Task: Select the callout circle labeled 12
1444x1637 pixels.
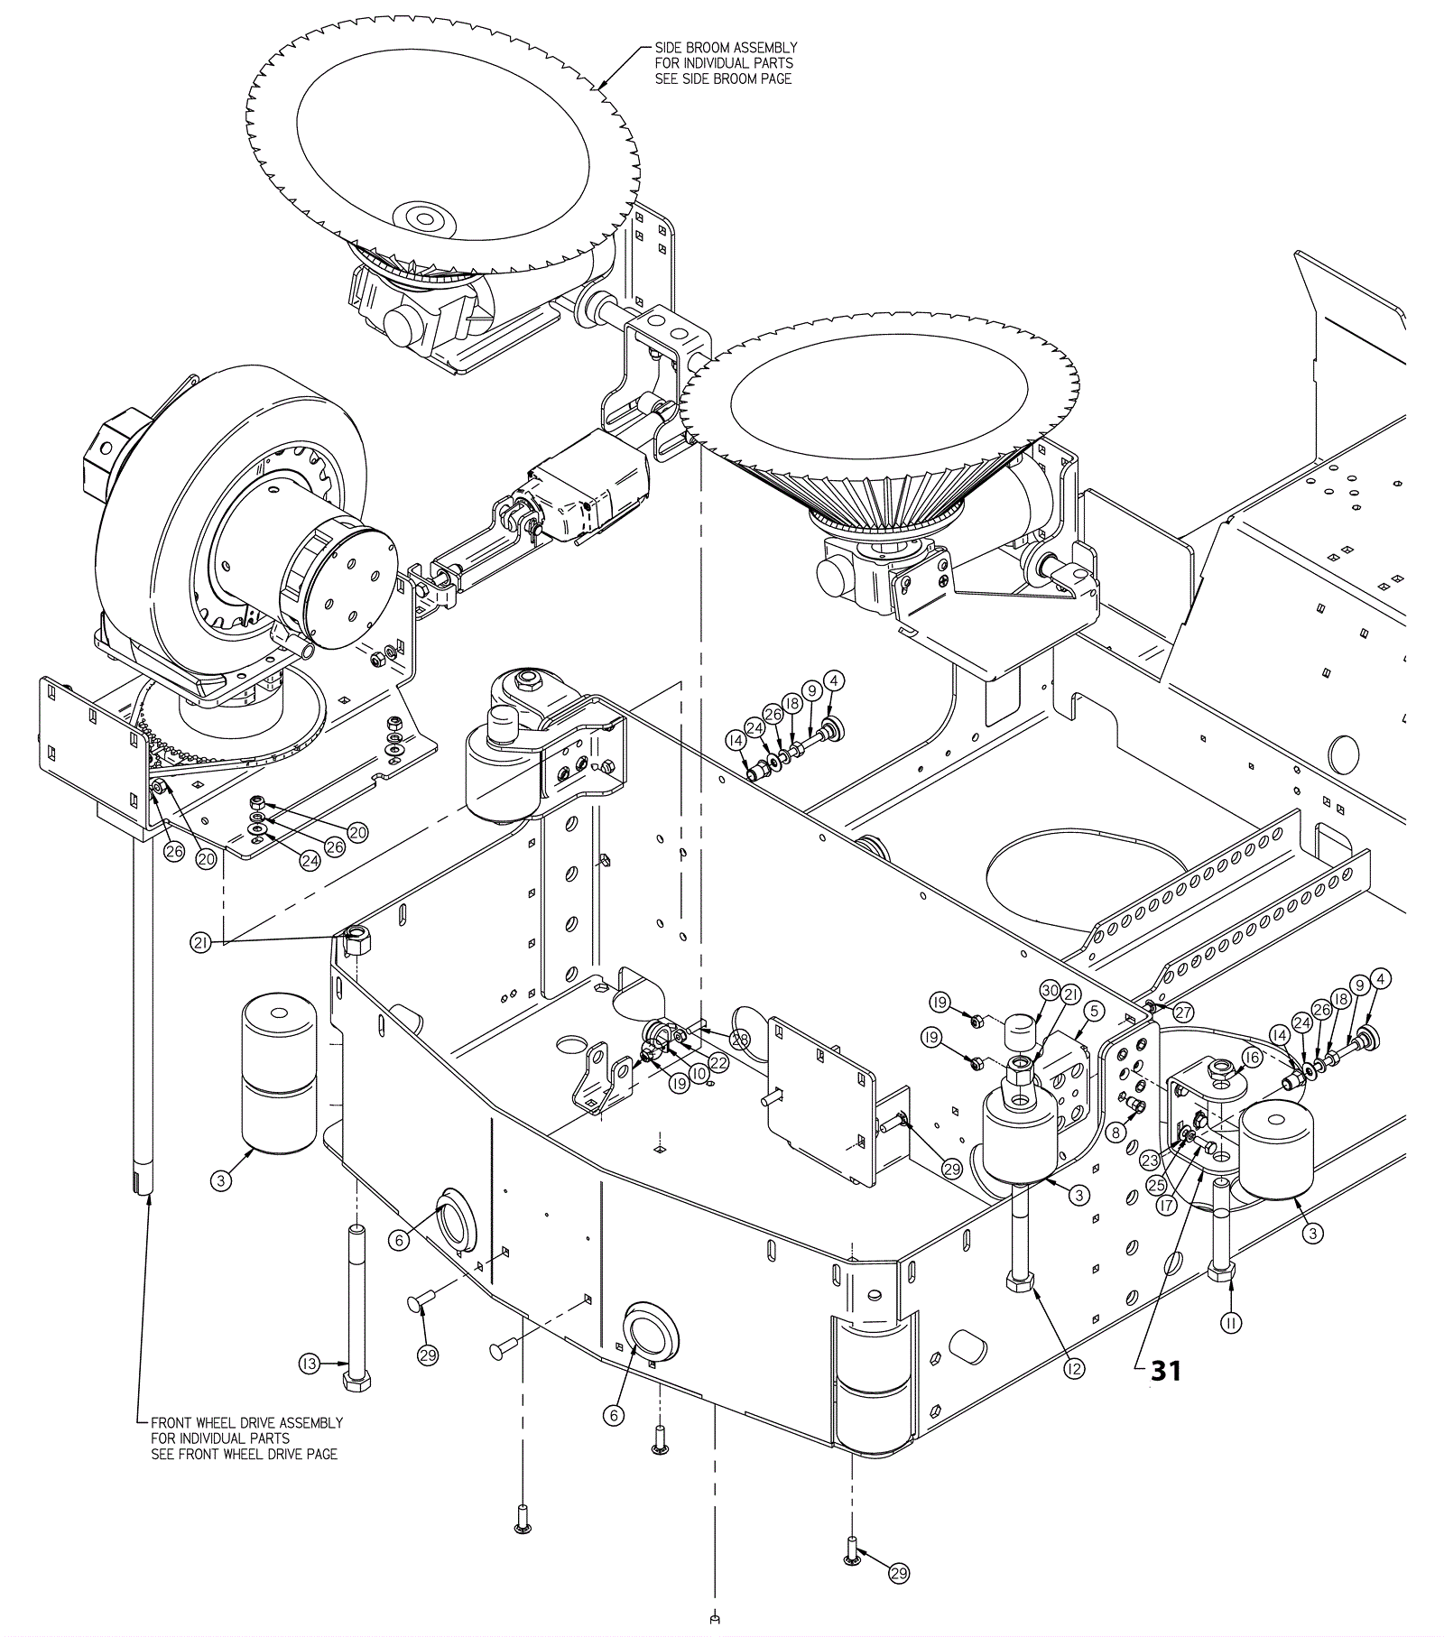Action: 1073,1369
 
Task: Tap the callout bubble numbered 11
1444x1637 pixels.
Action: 1230,1323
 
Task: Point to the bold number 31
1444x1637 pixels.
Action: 1165,1371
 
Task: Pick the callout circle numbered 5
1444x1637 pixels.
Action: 1093,1011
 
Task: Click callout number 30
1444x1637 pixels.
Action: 1050,991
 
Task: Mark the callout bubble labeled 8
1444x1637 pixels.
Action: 1117,1132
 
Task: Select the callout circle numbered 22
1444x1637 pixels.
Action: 719,1062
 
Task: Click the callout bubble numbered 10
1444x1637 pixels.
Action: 699,1075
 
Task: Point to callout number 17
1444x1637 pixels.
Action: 1168,1204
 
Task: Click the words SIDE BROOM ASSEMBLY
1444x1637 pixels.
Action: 726,48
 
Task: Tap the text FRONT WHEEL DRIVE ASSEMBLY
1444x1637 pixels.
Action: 246,1423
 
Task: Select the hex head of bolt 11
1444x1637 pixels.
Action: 1223,1272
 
